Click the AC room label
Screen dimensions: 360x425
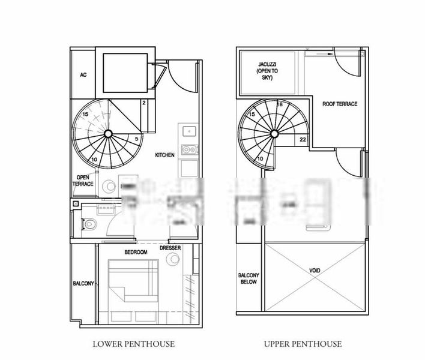point(83,76)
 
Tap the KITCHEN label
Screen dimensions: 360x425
point(164,155)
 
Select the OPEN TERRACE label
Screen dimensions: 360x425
point(83,181)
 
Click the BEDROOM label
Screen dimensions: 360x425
point(136,252)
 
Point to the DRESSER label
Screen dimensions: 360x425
point(170,247)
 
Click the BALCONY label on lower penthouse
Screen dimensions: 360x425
point(83,283)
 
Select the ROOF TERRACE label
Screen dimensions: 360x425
point(339,104)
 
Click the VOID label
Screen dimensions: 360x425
point(315,271)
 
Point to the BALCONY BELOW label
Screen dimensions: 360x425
point(248,278)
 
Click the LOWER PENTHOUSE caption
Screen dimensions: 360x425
point(134,344)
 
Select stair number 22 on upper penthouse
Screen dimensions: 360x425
point(303,139)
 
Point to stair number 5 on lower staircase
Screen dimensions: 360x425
point(137,139)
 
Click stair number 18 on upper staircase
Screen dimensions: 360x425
point(280,104)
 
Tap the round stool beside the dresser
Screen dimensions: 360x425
point(173,260)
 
